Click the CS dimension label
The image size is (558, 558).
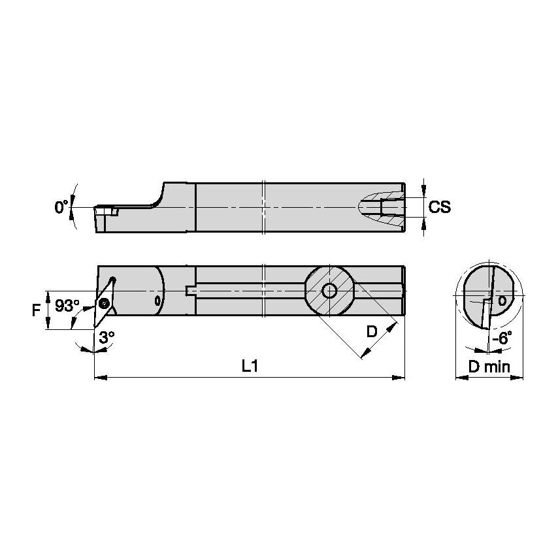pos(440,207)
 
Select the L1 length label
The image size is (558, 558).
pos(249,367)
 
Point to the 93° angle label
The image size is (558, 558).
pos(67,306)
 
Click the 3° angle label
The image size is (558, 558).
pos(107,336)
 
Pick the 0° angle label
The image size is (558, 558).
pos(61,207)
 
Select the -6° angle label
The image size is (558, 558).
pos(501,338)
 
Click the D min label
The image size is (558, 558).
pos(489,367)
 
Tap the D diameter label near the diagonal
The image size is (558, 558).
pos(372,331)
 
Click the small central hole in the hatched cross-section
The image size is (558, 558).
pos(331,291)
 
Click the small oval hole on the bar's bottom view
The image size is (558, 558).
pos(157,301)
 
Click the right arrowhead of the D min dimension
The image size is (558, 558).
pos(520,377)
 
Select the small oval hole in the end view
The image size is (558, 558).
pos(501,301)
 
